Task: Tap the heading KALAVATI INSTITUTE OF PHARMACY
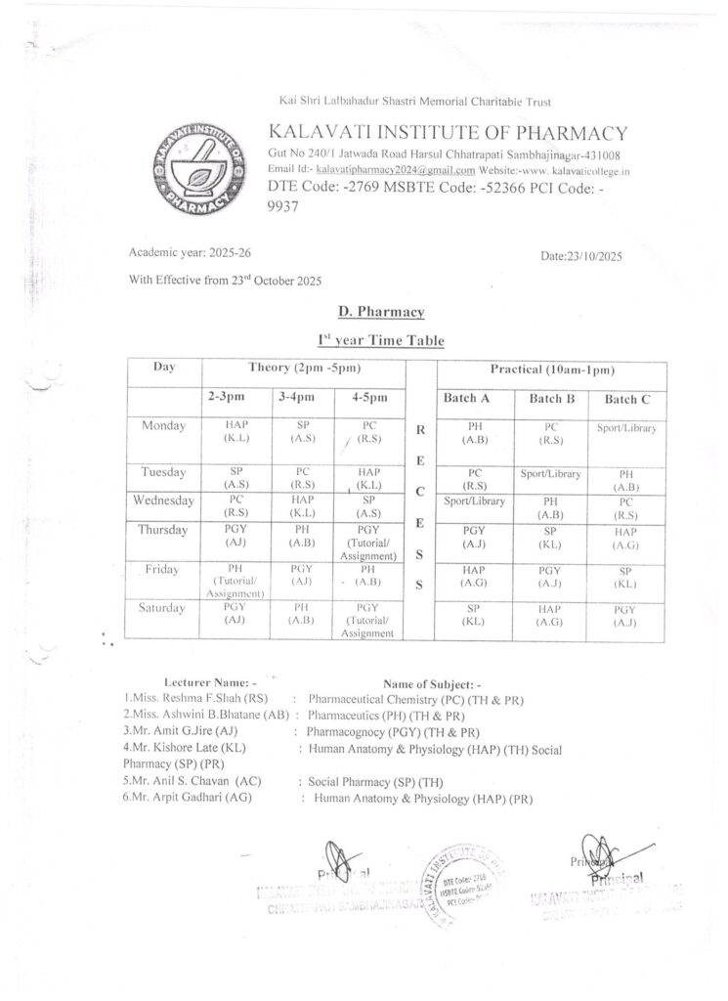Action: pyautogui.click(x=449, y=134)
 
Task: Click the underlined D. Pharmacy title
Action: pyautogui.click(x=380, y=312)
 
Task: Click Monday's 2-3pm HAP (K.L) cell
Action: pyautogui.click(x=237, y=433)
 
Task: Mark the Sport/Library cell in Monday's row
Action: pyautogui.click(x=625, y=428)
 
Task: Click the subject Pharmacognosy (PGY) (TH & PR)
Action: pyautogui.click(x=393, y=731)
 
